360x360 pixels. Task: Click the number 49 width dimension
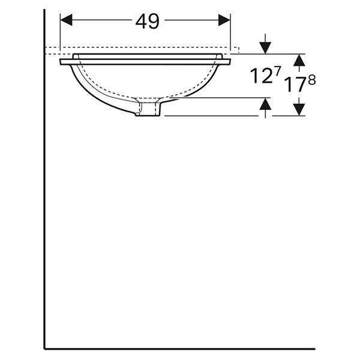147,21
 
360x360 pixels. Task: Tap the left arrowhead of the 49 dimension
66,20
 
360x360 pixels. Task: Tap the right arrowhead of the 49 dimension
224,20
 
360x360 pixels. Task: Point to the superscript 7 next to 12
277,71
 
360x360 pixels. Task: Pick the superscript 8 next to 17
312,80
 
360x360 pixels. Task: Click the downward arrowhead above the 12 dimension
265,48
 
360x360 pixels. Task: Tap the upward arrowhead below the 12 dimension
265,104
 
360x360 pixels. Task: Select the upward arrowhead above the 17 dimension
299,60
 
